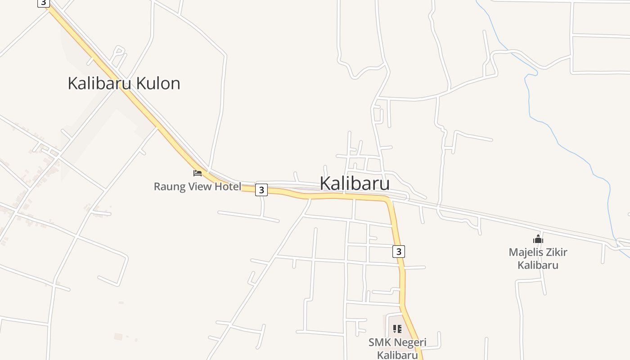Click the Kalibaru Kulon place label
[124, 83]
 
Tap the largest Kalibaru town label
[355, 184]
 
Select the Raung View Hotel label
[198, 186]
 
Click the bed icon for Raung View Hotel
[198, 173]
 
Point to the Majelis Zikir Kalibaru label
[538, 258]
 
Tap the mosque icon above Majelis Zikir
[538, 239]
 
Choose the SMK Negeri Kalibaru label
[397, 348]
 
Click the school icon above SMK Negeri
[397, 329]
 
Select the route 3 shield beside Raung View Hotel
[261, 190]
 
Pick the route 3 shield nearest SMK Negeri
[398, 251]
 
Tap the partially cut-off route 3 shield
[43, 3]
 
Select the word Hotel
[228, 186]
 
